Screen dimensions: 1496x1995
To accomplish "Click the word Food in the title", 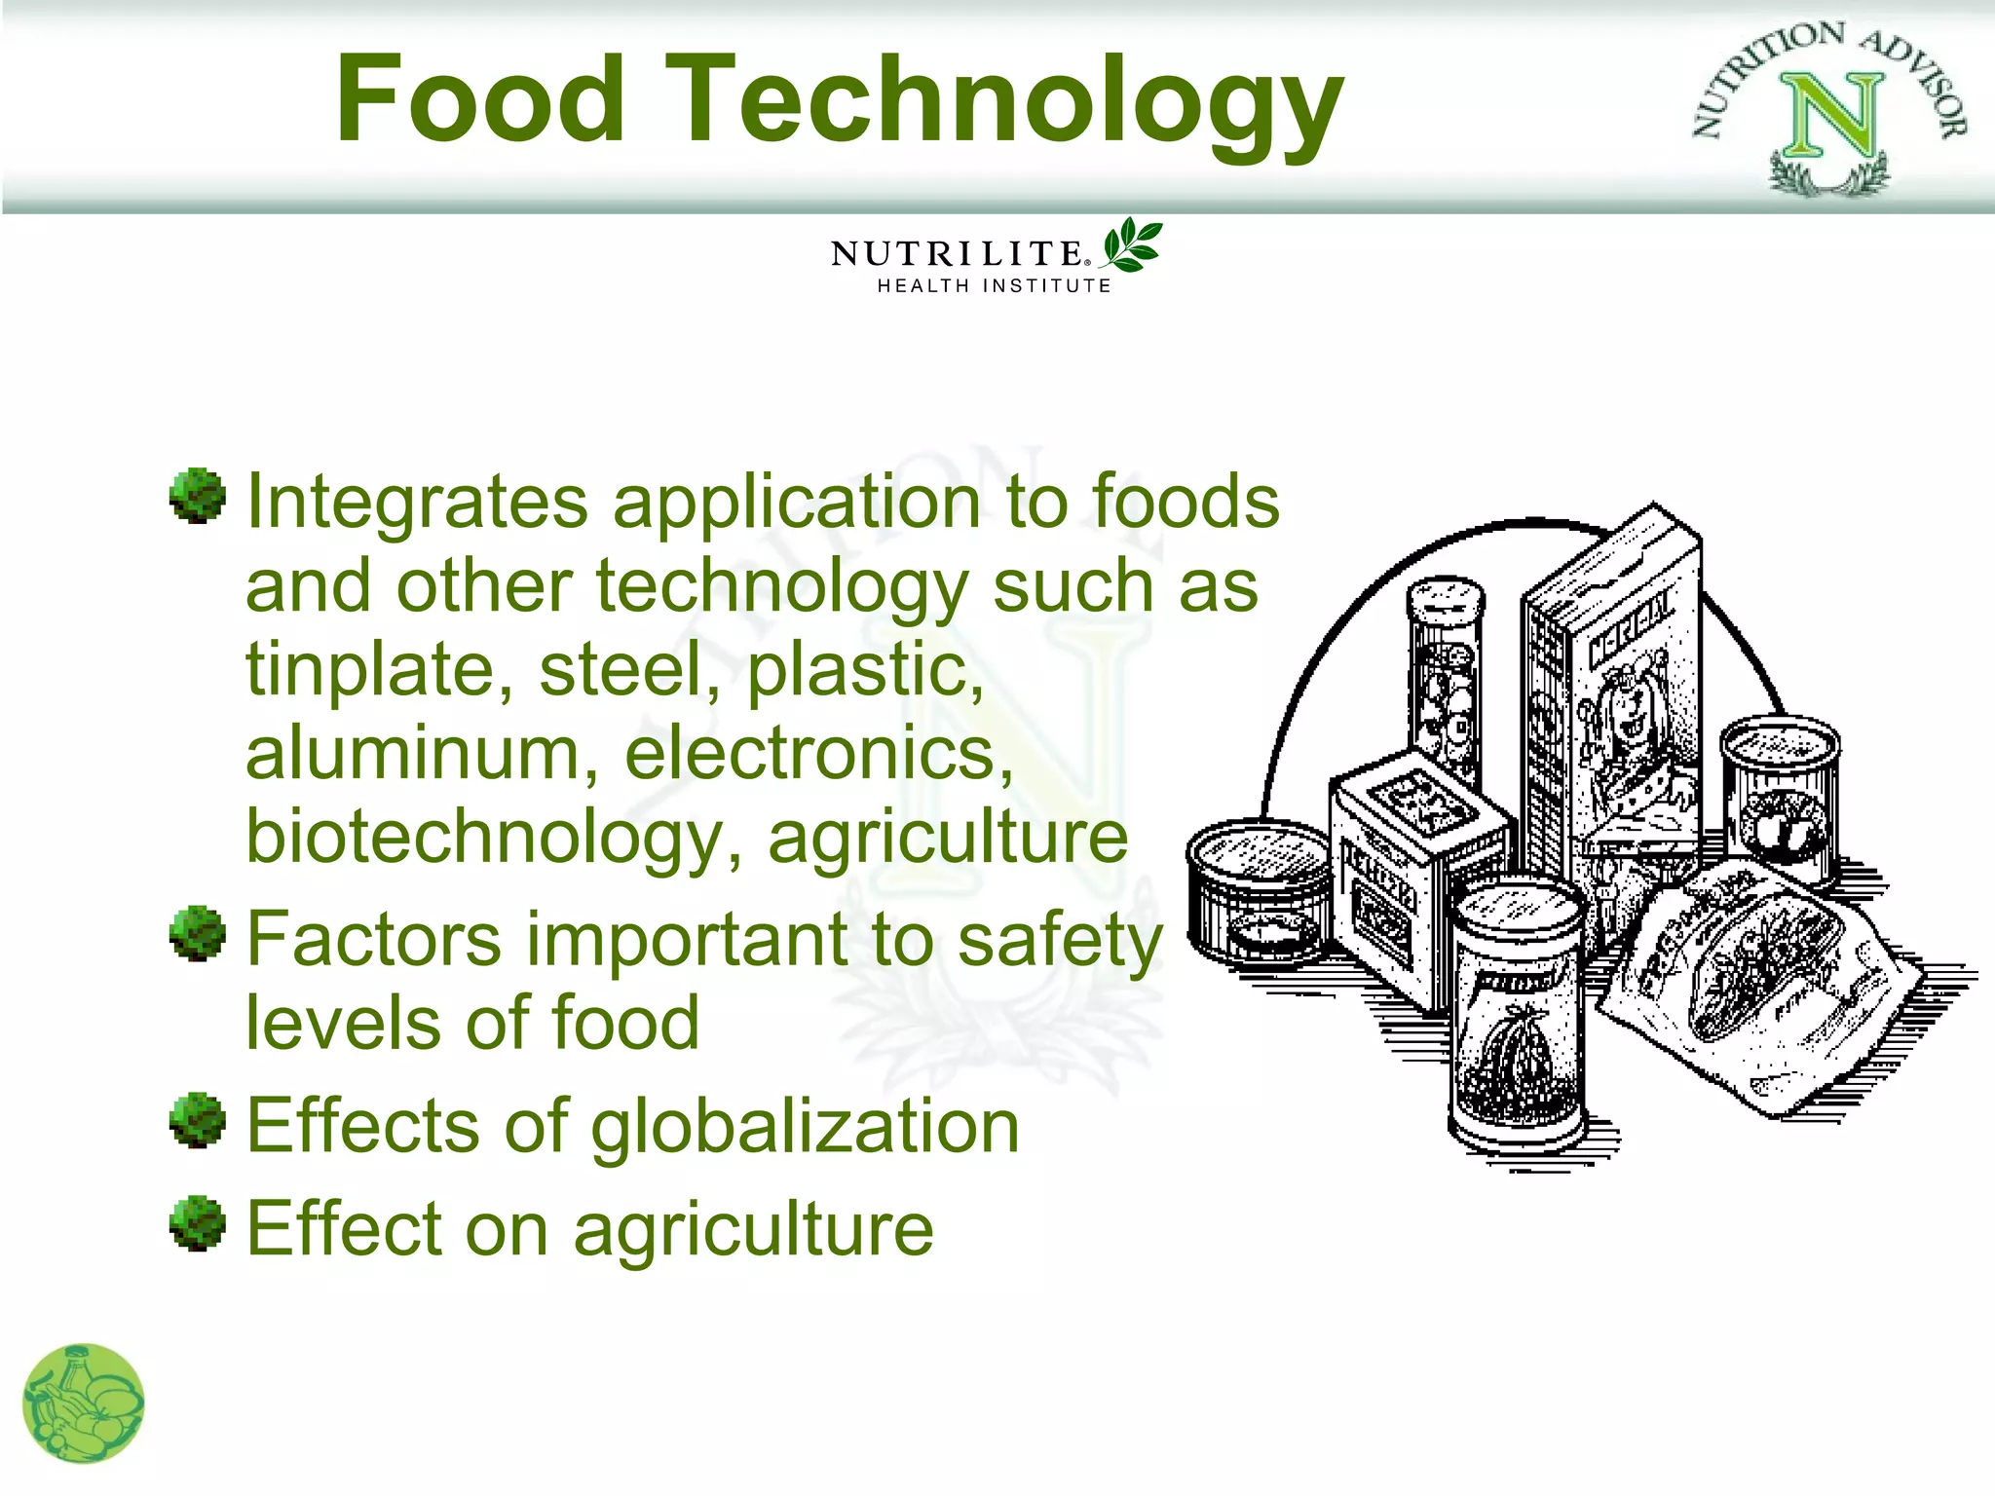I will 479,99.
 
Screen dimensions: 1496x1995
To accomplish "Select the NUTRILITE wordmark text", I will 958,254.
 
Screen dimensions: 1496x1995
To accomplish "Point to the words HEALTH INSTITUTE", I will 994,286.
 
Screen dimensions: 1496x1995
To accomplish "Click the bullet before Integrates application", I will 198,496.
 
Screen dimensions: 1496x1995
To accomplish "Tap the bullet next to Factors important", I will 198,933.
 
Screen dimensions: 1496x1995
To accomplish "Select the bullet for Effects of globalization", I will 198,1119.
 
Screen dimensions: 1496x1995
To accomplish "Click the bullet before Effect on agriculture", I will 198,1222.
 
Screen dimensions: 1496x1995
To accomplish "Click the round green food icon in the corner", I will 84,1403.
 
